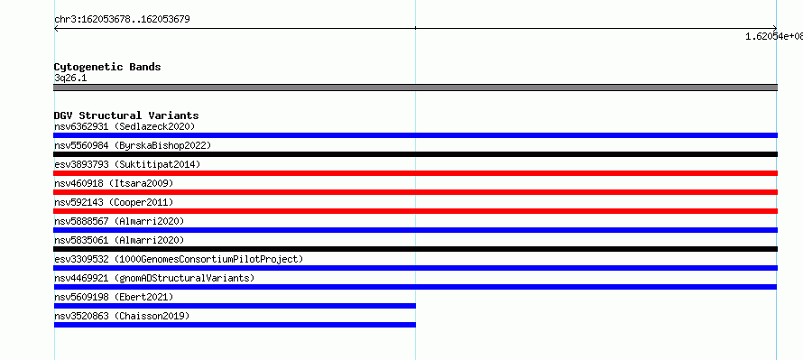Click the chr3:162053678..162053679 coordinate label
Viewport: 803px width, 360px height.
pyautogui.click(x=122, y=20)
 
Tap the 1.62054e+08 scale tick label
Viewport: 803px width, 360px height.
pyautogui.click(x=774, y=36)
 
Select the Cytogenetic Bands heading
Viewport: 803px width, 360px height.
pyautogui.click(x=107, y=67)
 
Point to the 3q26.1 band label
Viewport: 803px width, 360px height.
pyautogui.click(x=70, y=78)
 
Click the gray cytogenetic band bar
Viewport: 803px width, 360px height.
pyautogui.click(x=415, y=88)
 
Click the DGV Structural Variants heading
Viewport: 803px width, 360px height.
pyautogui.click(x=126, y=115)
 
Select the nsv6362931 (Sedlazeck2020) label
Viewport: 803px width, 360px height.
pyautogui.click(x=125, y=126)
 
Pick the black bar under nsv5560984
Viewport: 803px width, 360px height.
pyautogui.click(x=415, y=154)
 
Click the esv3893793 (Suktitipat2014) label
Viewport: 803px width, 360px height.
pyautogui.click(x=127, y=164)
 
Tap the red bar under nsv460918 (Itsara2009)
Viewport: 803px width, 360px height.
pyautogui.click(x=415, y=192)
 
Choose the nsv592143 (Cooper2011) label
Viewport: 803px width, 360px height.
pyautogui.click(x=114, y=202)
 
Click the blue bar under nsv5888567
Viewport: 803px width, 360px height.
pyautogui.click(x=415, y=230)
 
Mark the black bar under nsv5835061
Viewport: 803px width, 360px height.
pyautogui.click(x=415, y=249)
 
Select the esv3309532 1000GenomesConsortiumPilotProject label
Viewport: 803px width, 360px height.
pyautogui.click(x=179, y=259)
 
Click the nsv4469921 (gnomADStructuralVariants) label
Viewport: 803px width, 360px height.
pyautogui.click(x=154, y=278)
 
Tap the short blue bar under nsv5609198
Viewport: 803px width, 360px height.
pyautogui.click(x=235, y=306)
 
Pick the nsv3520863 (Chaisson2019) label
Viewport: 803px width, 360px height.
pyautogui.click(x=122, y=316)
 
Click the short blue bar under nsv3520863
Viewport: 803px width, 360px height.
pyautogui.click(x=235, y=325)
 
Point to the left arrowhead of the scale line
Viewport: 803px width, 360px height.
pyautogui.click(x=55, y=29)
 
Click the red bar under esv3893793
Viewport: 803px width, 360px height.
pyautogui.click(x=415, y=173)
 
